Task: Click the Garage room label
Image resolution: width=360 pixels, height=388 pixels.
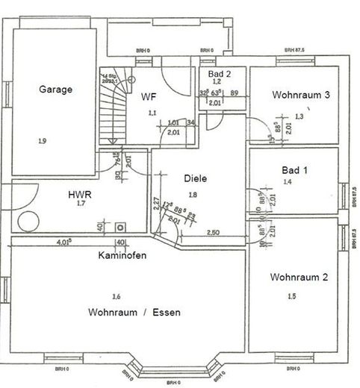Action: (x=55, y=90)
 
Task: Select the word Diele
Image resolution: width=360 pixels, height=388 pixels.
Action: (x=195, y=179)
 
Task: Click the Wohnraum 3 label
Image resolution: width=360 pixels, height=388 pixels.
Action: (x=301, y=95)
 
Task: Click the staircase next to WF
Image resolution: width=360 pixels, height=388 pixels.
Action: (x=117, y=108)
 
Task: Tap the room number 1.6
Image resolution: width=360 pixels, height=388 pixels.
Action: (x=115, y=296)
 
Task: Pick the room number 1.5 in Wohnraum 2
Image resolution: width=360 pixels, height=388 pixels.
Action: (x=294, y=296)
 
